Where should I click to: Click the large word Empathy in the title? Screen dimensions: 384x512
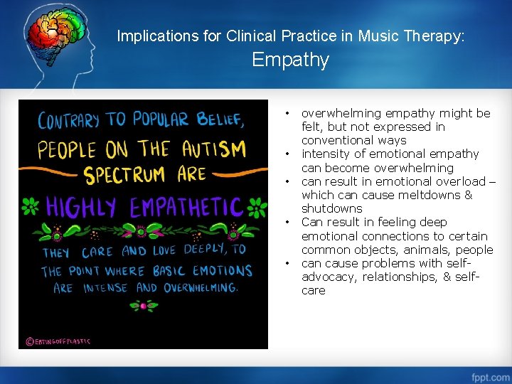[290, 60]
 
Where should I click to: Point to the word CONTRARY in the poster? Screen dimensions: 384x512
[68, 120]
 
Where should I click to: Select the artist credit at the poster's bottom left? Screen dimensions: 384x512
[58, 341]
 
